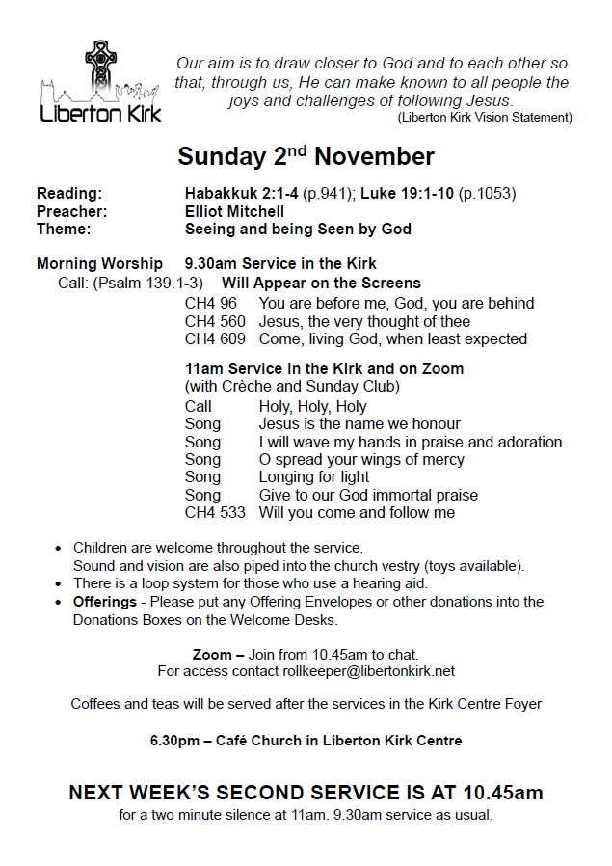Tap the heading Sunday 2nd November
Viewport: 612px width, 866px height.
click(306, 156)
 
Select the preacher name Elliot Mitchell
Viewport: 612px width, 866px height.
click(234, 211)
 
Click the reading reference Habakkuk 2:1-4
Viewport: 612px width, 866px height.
click(241, 193)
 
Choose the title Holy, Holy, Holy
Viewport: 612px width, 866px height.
click(312, 407)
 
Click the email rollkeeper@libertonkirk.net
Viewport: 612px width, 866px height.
click(368, 671)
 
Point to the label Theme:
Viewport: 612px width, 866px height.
click(64, 230)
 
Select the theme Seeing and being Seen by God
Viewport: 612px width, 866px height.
click(298, 230)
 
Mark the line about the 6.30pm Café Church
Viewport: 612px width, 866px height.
click(306, 741)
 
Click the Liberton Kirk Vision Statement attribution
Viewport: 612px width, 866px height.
click(485, 118)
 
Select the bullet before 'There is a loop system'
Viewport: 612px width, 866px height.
click(60, 583)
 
